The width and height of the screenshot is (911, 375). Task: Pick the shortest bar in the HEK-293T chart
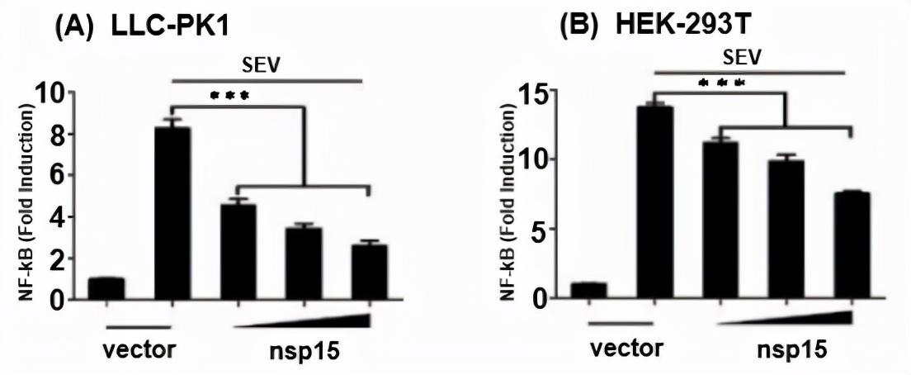pyautogui.click(x=588, y=290)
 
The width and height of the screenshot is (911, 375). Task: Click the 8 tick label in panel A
pyautogui.click(x=54, y=134)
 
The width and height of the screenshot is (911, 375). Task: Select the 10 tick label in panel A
pyautogui.click(x=50, y=93)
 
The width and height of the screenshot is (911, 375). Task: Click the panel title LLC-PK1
pyautogui.click(x=170, y=27)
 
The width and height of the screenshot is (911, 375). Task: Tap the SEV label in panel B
pyautogui.click(x=743, y=57)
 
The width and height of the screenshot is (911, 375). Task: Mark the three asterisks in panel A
pyautogui.click(x=229, y=96)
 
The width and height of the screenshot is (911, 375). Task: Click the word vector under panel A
pyautogui.click(x=139, y=350)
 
